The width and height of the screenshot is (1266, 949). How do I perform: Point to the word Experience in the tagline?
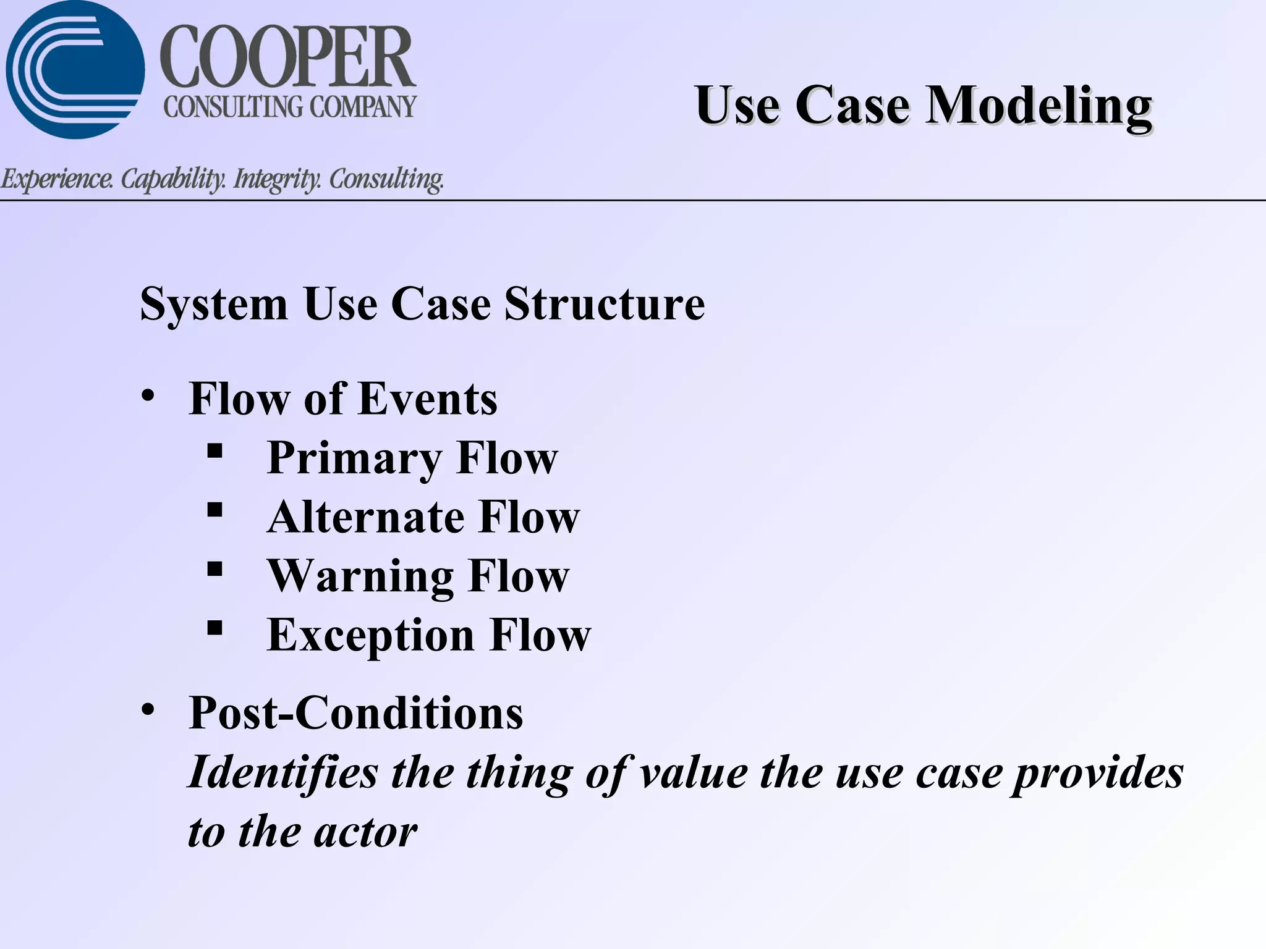(x=57, y=179)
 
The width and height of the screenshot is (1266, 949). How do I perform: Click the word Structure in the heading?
(x=604, y=304)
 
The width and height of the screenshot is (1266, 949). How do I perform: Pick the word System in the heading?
(x=214, y=304)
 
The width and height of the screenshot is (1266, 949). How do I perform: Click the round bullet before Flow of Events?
(x=147, y=395)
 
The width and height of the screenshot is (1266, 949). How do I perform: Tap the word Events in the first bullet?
(x=428, y=399)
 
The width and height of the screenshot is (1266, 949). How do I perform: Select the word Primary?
(x=354, y=458)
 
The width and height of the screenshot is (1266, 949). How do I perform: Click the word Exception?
(x=371, y=635)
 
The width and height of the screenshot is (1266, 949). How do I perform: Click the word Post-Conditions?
(x=355, y=713)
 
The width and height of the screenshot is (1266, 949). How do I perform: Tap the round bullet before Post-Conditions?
(x=147, y=709)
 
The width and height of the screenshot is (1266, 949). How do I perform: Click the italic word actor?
(x=365, y=832)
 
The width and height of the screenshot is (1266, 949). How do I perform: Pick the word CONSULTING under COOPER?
(x=234, y=107)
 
